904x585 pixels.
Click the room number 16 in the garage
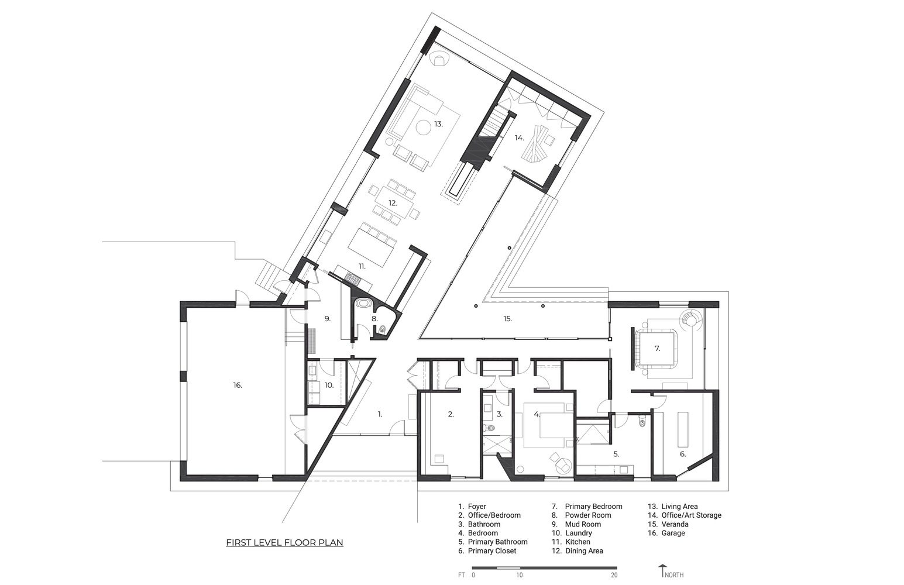pyautogui.click(x=237, y=385)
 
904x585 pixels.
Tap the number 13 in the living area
pyautogui.click(x=438, y=124)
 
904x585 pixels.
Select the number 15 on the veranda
pyautogui.click(x=507, y=319)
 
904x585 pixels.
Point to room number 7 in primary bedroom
pyautogui.click(x=657, y=349)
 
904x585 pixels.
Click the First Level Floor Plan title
pyautogui.click(x=284, y=543)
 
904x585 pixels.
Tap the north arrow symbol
pyautogui.click(x=662, y=571)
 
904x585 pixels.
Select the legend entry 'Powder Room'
pyautogui.click(x=587, y=515)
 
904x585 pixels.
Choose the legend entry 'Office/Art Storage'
pyautogui.click(x=691, y=515)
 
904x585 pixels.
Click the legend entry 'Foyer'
pyautogui.click(x=476, y=507)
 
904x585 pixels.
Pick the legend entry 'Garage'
pyautogui.click(x=673, y=533)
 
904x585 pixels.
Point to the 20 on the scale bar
pyautogui.click(x=613, y=575)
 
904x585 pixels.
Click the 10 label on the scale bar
pyautogui.click(x=520, y=575)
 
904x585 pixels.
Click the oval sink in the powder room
pyautogui.click(x=365, y=305)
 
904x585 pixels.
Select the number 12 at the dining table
pyautogui.click(x=393, y=203)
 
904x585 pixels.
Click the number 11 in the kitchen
pyautogui.click(x=362, y=266)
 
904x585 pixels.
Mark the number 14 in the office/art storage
pyautogui.click(x=519, y=138)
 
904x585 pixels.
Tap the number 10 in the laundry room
pyautogui.click(x=329, y=385)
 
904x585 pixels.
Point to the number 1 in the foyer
pyautogui.click(x=380, y=414)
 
